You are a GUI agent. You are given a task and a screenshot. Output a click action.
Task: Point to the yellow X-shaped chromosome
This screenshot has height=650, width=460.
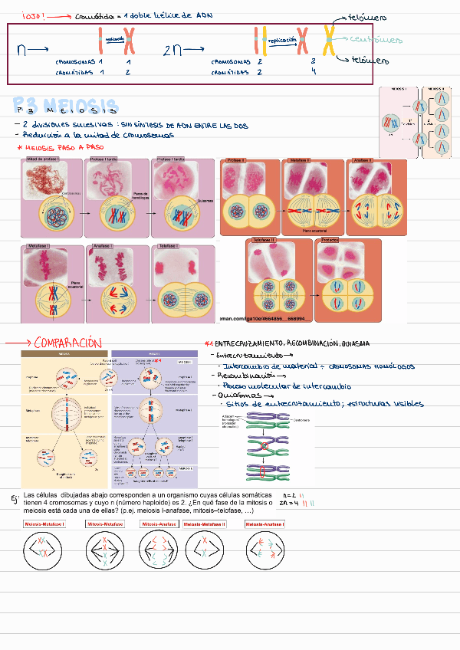pyautogui.click(x=330, y=41)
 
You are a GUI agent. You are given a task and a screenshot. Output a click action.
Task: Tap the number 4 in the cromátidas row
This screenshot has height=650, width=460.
pyautogui.click(x=314, y=71)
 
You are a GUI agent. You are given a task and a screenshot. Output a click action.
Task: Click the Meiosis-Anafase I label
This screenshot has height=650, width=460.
pyautogui.click(x=264, y=524)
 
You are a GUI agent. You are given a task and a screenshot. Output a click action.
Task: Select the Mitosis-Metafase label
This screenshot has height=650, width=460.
pyautogui.click(x=106, y=524)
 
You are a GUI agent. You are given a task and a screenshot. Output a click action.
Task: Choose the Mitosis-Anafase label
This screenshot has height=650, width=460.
pyautogui.click(x=159, y=524)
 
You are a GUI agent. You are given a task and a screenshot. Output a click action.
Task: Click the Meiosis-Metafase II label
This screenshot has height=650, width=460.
pyautogui.click(x=205, y=524)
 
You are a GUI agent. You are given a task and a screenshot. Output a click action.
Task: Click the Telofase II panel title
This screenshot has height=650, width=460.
pyautogui.click(x=264, y=241)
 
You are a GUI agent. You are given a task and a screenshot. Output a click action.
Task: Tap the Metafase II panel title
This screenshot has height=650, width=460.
pyautogui.click(x=299, y=160)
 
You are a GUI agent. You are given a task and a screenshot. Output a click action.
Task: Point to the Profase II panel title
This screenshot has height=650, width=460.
pyautogui.click(x=235, y=160)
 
